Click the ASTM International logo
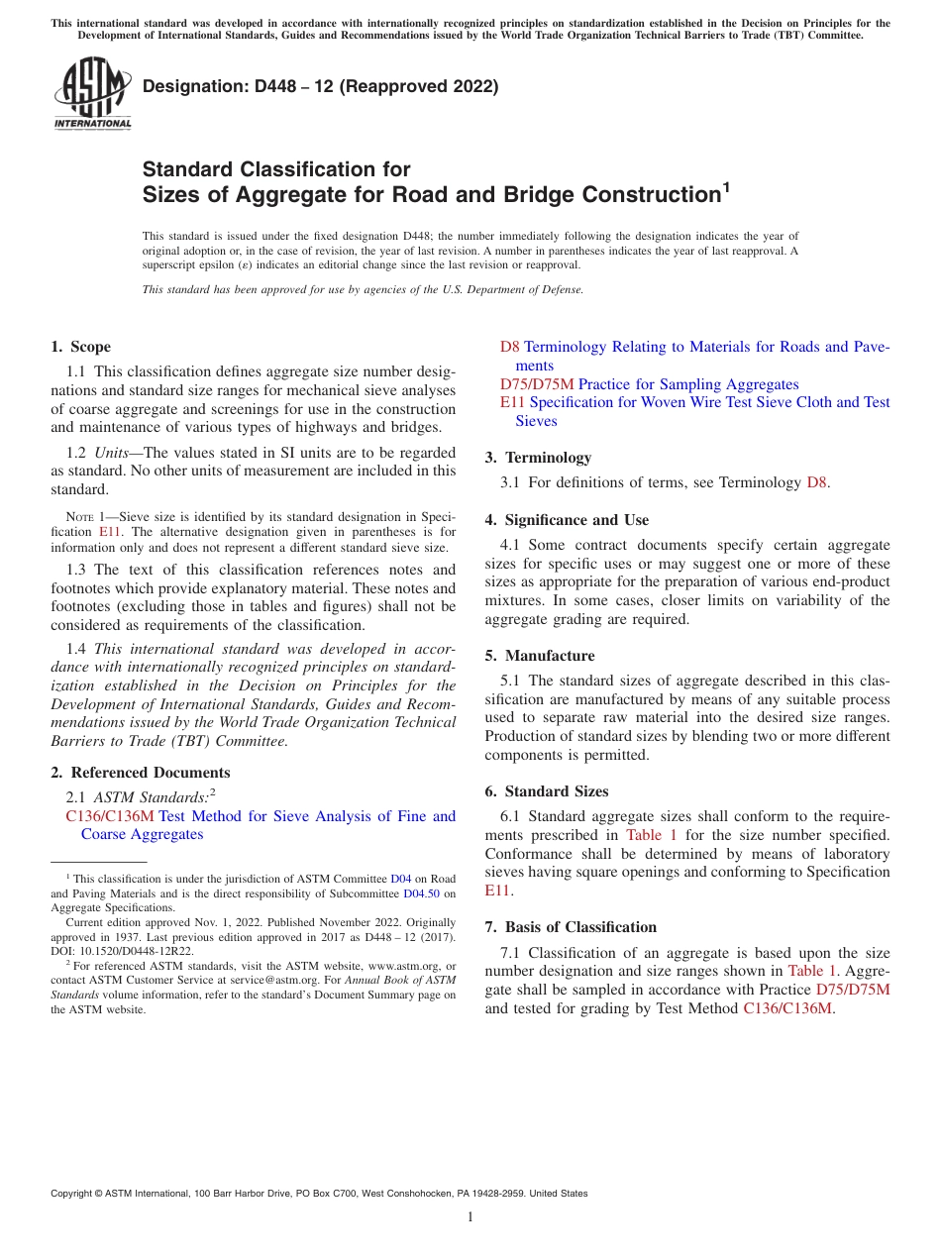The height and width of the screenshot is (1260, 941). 92,94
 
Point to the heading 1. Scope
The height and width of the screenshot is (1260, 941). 80,347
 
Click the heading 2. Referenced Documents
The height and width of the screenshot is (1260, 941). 140,773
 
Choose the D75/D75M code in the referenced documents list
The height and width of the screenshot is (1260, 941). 537,384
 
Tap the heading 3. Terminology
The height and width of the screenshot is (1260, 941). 538,458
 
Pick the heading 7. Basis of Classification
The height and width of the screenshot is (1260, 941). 571,927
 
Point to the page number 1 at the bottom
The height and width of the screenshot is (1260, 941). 470,1216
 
